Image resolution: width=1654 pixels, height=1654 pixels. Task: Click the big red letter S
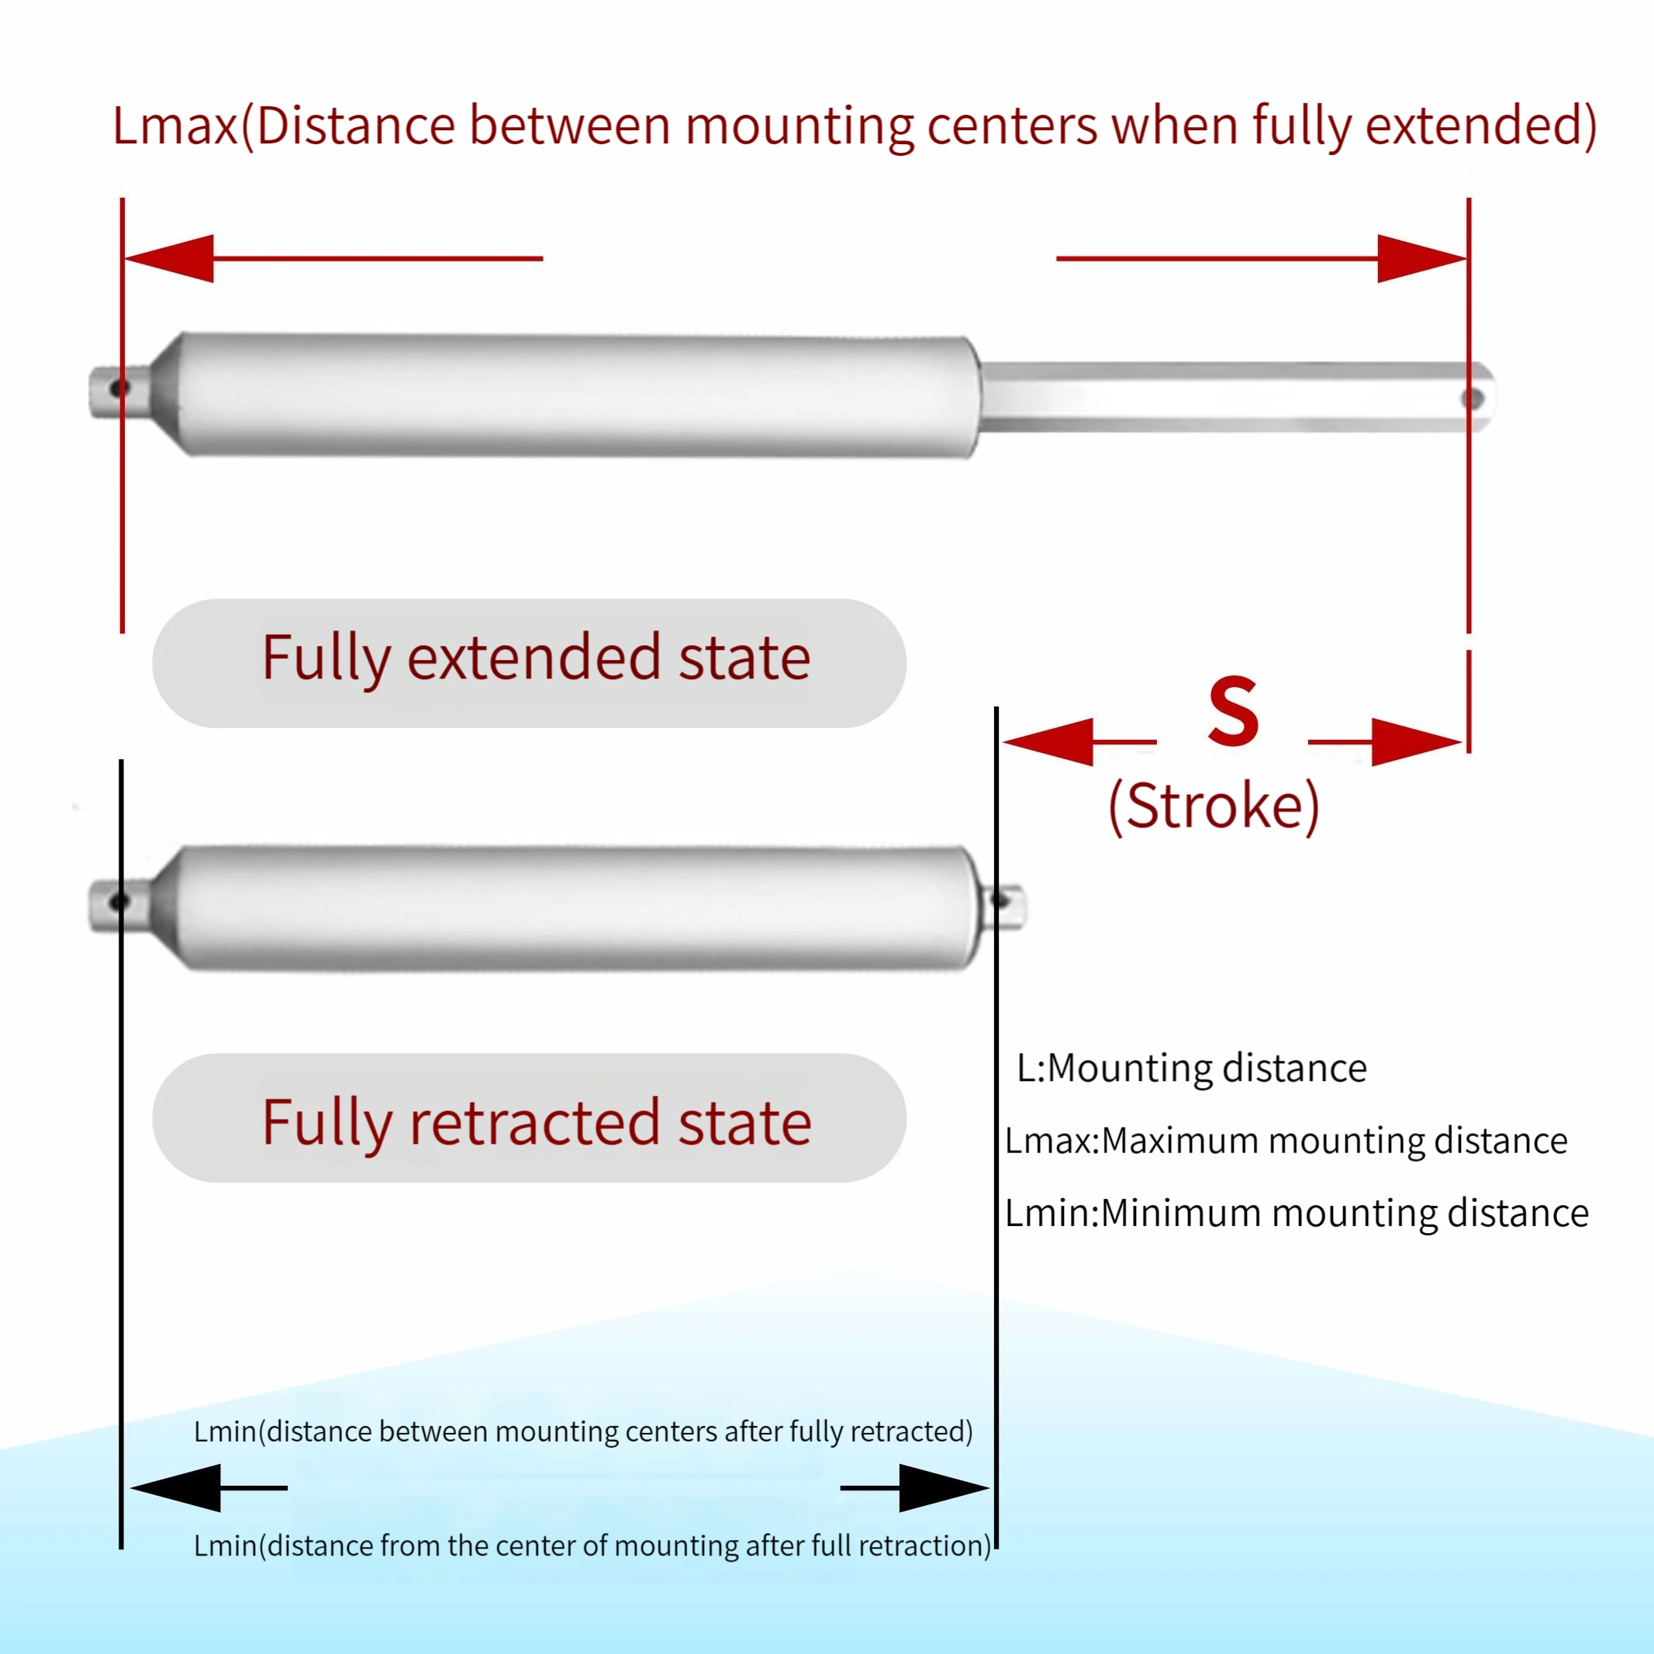1233,710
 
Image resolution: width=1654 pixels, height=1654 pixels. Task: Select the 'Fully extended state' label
536,658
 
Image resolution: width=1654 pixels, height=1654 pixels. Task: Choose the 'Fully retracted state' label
537,1122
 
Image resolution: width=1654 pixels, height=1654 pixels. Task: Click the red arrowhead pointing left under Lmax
171,257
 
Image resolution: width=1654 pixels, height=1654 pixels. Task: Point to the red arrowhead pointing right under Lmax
1419,257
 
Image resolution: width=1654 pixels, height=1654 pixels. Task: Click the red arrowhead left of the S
1051,741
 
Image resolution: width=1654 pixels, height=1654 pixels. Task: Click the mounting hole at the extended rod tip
1473,398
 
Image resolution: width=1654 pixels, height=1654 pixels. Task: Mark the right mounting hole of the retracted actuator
999,900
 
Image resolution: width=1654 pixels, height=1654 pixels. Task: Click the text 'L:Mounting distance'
1191,1069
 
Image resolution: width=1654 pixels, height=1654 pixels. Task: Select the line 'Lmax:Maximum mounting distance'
1286,1141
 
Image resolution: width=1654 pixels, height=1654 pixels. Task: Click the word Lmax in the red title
174,126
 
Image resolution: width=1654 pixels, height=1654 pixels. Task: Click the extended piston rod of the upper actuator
1224,396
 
